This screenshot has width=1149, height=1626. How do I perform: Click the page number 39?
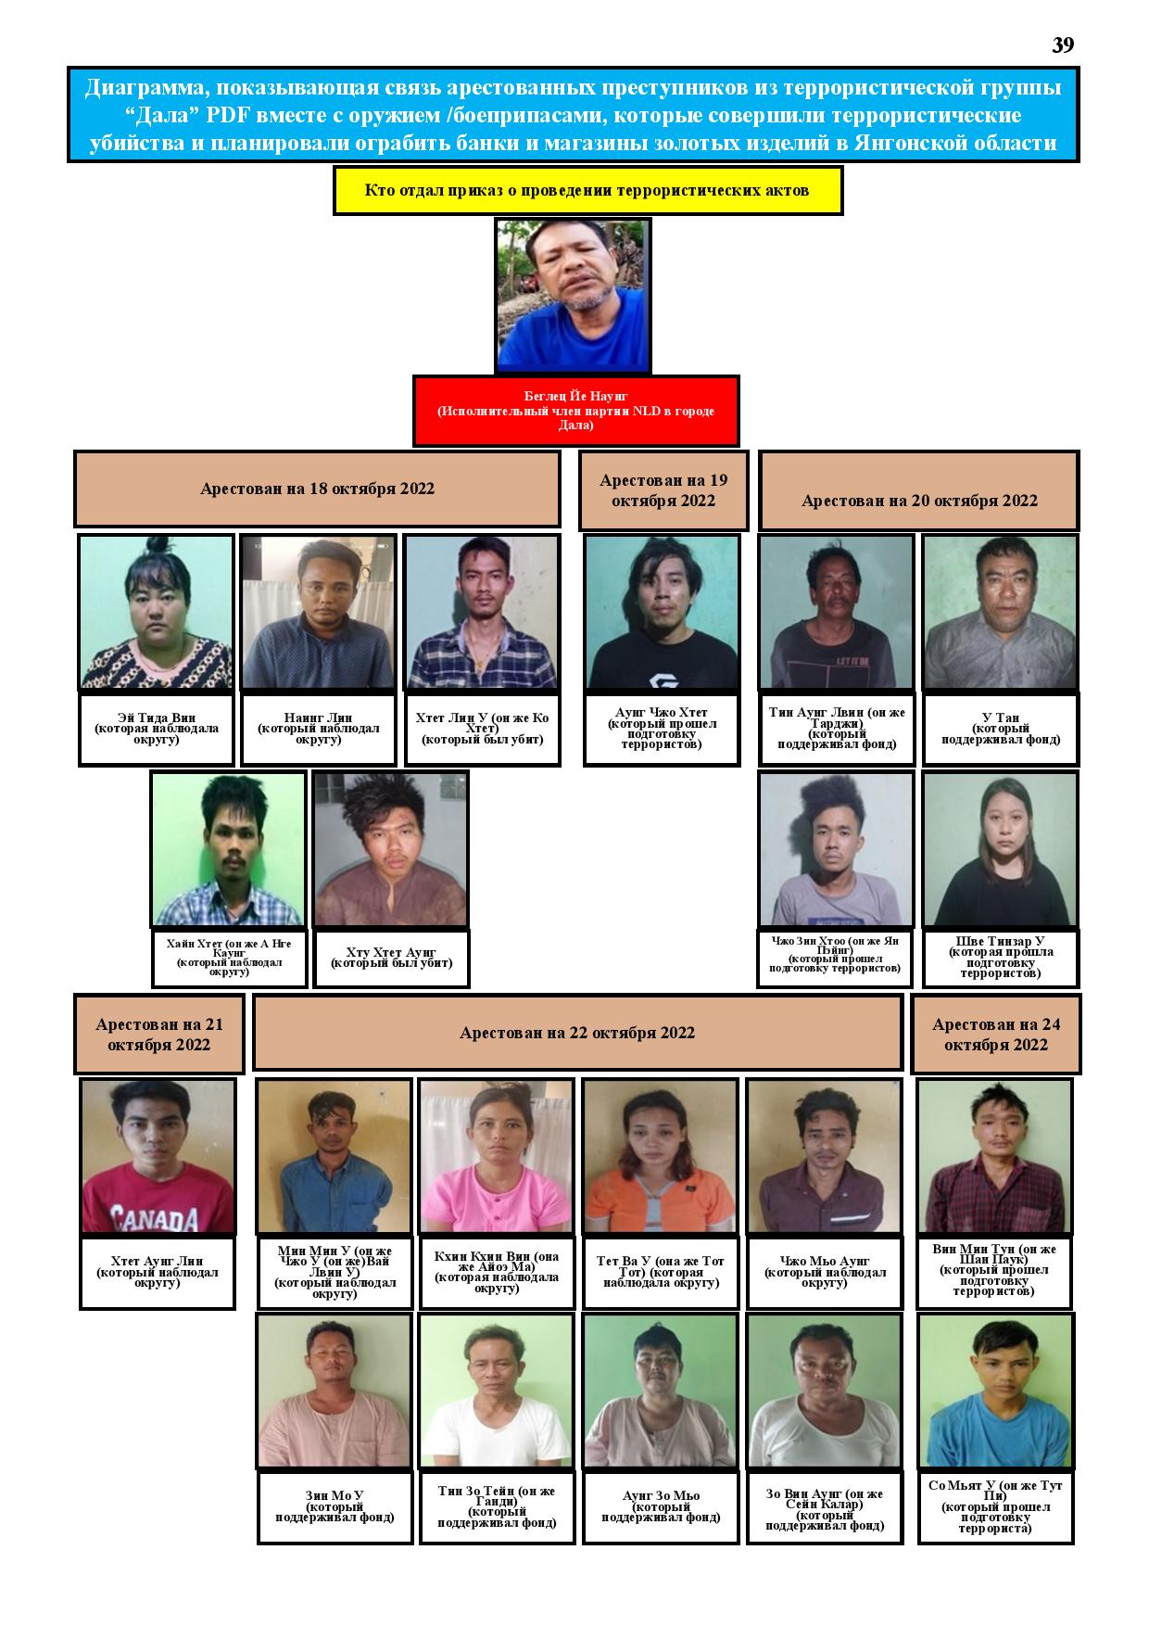(1063, 45)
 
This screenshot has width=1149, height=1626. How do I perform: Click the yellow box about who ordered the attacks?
(587, 191)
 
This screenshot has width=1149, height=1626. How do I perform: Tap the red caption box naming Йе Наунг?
(575, 411)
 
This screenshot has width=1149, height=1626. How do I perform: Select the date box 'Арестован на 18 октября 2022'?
(317, 489)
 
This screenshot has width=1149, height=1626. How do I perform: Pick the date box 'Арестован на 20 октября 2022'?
(919, 490)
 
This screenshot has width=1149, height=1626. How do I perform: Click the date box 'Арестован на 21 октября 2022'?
(159, 1035)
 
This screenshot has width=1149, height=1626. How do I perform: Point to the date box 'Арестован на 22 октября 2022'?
(577, 1033)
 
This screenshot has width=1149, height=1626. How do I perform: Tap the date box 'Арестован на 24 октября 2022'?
(996, 1035)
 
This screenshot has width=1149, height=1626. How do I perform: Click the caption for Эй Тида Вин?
(157, 729)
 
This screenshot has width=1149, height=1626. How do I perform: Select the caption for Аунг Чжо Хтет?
(662, 729)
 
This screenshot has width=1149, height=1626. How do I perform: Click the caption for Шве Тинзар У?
(1001, 956)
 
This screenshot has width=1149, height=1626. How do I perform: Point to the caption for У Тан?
(1001, 729)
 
